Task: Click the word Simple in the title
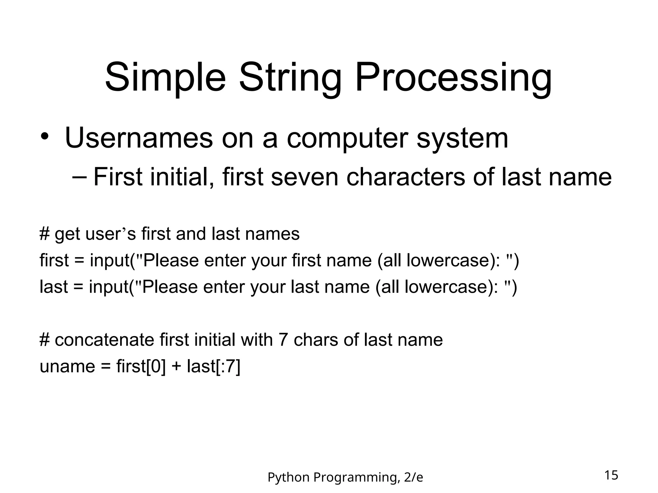(165, 78)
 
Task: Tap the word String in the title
(290, 78)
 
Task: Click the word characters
(405, 177)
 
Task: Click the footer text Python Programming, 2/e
(345, 477)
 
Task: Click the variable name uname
(67, 366)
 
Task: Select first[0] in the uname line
(141, 366)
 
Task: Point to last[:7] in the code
(213, 366)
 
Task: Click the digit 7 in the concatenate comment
(283, 340)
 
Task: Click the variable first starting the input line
(54, 260)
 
